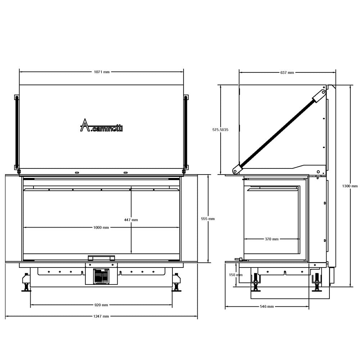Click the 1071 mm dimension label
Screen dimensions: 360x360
[x=102, y=72]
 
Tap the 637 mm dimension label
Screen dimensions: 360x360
[x=287, y=73]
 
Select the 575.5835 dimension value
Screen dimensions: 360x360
[x=220, y=130]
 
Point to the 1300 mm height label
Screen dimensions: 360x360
[x=350, y=186]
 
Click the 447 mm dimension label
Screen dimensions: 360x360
[x=131, y=220]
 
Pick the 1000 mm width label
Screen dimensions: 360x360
[x=101, y=228]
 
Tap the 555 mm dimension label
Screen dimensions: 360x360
[x=208, y=219]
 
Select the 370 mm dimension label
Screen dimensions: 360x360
[x=271, y=239]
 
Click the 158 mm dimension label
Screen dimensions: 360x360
[x=236, y=275]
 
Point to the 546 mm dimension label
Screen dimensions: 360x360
[x=267, y=306]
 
